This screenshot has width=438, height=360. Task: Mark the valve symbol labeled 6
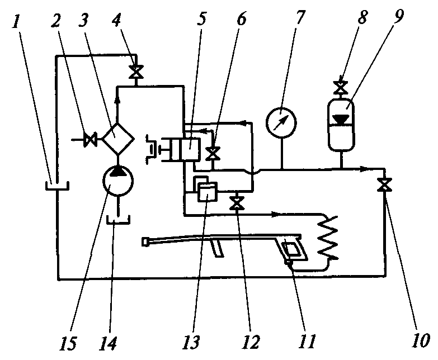click(212, 153)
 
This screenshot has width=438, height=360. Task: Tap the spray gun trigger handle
click(294, 249)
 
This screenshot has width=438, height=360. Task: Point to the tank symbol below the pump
click(118, 219)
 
